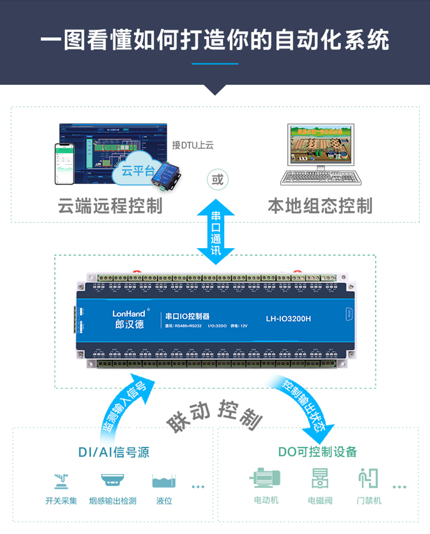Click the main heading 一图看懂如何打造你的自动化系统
[215, 40]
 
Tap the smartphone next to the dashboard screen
[64, 164]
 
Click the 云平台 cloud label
[138, 171]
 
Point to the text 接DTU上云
[193, 145]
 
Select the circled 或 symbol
[217, 180]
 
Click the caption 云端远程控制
[110, 206]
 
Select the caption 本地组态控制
[319, 206]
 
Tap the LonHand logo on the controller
[129, 314]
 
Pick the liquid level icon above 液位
[164, 480]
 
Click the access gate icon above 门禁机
[368, 478]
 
